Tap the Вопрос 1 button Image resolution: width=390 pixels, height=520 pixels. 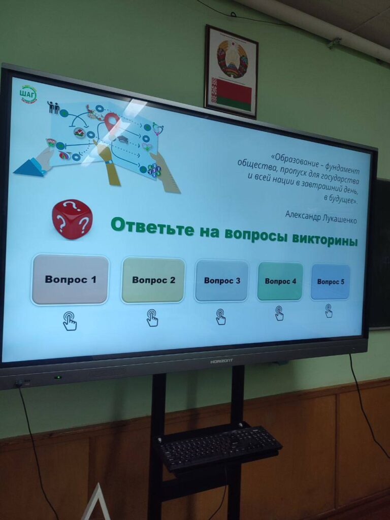tap(70, 279)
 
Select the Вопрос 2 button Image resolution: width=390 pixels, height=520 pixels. tap(153, 280)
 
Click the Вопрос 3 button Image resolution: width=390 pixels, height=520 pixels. tap(222, 280)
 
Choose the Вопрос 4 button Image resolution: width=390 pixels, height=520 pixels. tap(280, 281)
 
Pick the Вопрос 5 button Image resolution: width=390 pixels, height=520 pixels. tap(331, 282)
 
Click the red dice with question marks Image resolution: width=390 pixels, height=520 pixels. tap(72, 219)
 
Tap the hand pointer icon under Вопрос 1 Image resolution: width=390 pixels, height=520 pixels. tap(70, 321)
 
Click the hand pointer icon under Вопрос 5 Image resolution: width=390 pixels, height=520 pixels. tap(329, 311)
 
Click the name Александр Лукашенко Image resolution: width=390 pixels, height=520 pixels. tap(321, 217)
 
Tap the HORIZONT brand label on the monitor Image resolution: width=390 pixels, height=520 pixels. tap(221, 361)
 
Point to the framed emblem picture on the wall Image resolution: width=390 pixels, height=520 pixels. tap(232, 72)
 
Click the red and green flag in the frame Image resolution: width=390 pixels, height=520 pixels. tap(232, 94)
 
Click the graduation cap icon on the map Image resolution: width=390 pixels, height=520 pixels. tap(123, 140)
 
